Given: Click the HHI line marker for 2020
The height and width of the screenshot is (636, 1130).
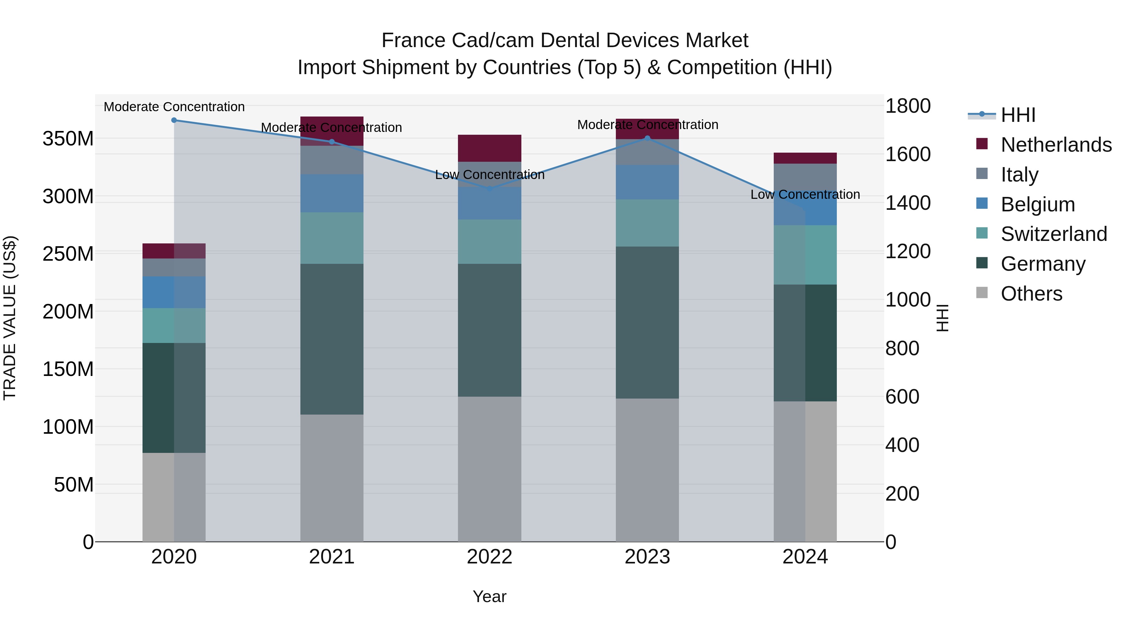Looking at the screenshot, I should coord(174,120).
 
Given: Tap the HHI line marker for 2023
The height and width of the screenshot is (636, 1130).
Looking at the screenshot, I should coord(648,138).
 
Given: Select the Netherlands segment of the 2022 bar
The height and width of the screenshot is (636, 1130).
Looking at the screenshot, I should coord(490,148).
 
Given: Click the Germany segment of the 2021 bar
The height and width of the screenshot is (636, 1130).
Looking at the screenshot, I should coord(332,339).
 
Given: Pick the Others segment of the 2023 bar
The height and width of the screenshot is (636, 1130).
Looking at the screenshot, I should coord(648,470).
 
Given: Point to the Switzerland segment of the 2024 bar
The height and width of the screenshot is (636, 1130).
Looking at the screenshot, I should coord(805,255).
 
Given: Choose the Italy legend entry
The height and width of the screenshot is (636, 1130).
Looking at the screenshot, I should coord(1020,174).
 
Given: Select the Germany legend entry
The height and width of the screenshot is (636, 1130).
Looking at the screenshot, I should coord(1043,264).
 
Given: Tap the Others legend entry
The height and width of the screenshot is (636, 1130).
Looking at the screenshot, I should coord(1031,294).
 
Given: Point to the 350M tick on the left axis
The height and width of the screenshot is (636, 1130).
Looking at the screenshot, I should coord(68,139).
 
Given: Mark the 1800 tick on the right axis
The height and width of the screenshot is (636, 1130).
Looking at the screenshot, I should coord(907,106).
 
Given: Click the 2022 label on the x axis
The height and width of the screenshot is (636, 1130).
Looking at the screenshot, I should coord(490,557).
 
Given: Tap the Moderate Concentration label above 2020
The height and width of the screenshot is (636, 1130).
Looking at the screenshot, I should coord(174,107).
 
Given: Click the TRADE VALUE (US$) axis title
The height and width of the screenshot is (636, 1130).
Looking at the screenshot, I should coord(10,318).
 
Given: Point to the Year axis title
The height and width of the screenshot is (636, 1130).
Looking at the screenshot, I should coord(490,596).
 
